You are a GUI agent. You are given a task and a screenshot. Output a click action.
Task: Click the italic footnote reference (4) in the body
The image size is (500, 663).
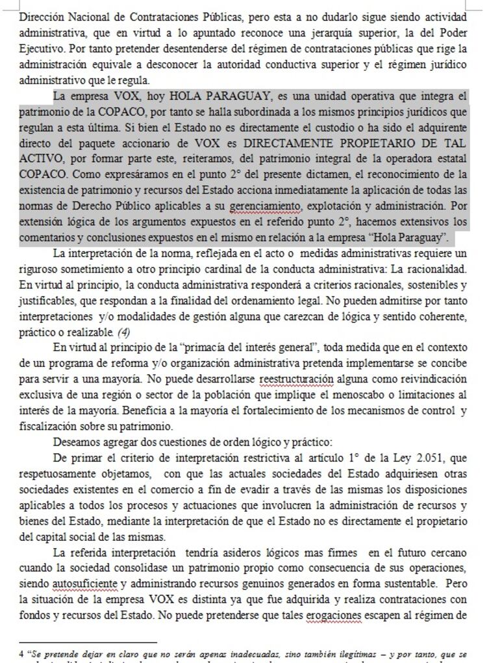tap(124, 332)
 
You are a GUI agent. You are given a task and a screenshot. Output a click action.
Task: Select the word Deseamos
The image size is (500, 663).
tap(77, 443)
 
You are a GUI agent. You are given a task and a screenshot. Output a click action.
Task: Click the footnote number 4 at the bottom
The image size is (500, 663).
tap(21, 654)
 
